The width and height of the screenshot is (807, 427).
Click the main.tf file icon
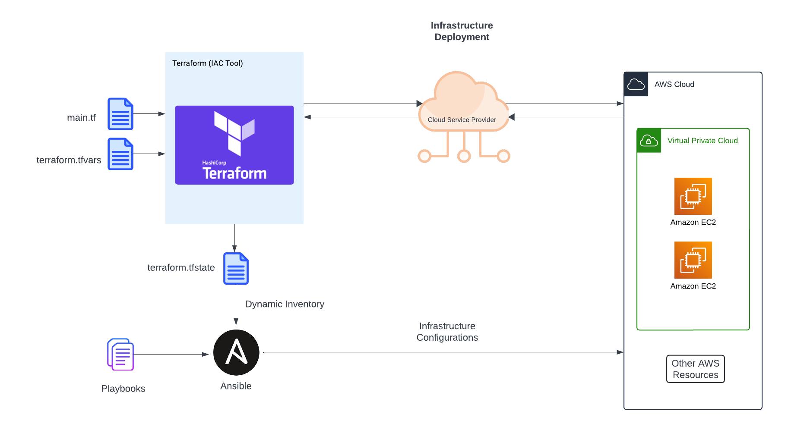coord(120,114)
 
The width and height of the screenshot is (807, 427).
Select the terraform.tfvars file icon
coord(120,154)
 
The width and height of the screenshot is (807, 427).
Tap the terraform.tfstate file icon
coord(236,268)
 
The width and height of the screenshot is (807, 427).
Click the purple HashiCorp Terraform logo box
coord(234,145)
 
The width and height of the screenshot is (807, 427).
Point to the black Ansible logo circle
coord(236,352)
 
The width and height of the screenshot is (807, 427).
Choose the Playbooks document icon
coord(120,355)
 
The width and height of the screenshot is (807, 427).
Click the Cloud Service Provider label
coord(462,120)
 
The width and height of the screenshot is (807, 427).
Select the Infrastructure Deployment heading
coord(462,31)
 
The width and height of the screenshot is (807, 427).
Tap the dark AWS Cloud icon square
coord(636,84)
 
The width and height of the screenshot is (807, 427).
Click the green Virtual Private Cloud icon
coord(649,141)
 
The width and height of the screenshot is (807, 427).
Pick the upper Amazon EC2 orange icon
coord(693,196)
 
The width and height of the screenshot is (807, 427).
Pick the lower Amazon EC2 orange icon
coord(693,260)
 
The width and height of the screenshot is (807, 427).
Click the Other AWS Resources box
coord(695,369)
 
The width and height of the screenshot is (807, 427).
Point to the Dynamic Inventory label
coord(285,304)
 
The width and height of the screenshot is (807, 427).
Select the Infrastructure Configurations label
coord(447,332)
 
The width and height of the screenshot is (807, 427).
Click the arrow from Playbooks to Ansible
coord(171,355)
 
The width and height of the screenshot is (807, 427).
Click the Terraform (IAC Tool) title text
coord(207,63)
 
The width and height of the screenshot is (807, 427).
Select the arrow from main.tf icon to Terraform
coord(149,114)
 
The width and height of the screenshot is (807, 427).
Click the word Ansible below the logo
coord(236,386)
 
